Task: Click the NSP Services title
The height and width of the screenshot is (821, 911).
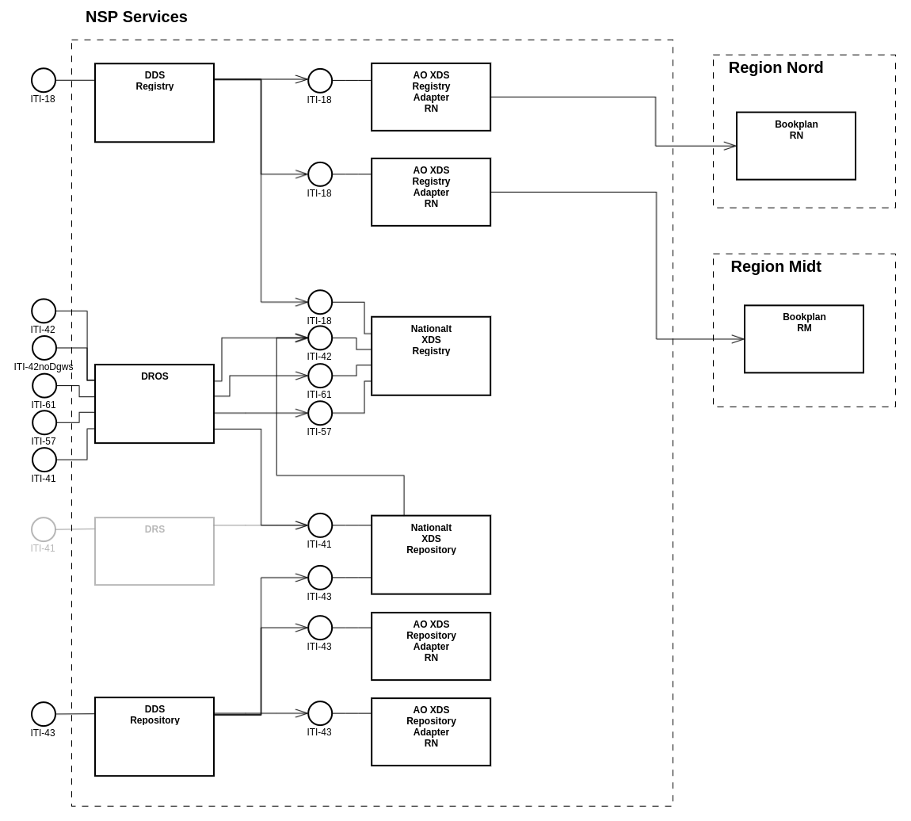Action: (x=136, y=17)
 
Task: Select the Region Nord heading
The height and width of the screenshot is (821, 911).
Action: (x=776, y=67)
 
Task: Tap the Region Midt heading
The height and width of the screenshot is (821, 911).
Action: (x=776, y=266)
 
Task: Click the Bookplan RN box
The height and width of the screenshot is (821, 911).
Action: (x=795, y=146)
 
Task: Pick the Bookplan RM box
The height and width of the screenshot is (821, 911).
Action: (x=803, y=339)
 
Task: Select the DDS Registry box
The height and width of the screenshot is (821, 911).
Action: (x=154, y=103)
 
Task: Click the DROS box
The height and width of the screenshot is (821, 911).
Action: (x=154, y=403)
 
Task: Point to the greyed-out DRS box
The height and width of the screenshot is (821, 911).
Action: (x=154, y=551)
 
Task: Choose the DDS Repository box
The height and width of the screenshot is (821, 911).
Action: (x=154, y=736)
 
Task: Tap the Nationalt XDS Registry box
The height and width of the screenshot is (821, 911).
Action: (x=431, y=356)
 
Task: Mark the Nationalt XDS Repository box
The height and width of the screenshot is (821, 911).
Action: (x=431, y=555)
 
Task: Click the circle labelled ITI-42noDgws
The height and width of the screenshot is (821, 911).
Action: (x=44, y=348)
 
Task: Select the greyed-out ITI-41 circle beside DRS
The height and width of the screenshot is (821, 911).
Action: (x=44, y=529)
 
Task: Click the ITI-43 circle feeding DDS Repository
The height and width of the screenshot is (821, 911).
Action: (x=44, y=714)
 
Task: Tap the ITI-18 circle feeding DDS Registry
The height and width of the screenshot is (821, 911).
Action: (x=44, y=80)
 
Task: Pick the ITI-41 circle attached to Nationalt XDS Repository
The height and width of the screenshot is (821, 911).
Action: (x=320, y=525)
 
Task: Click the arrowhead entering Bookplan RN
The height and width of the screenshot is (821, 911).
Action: (x=730, y=146)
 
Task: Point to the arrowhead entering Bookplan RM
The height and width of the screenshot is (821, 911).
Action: (x=738, y=339)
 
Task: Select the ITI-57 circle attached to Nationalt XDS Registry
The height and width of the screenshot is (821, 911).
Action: (x=320, y=413)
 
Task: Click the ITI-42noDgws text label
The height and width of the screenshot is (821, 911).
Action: (x=44, y=367)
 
